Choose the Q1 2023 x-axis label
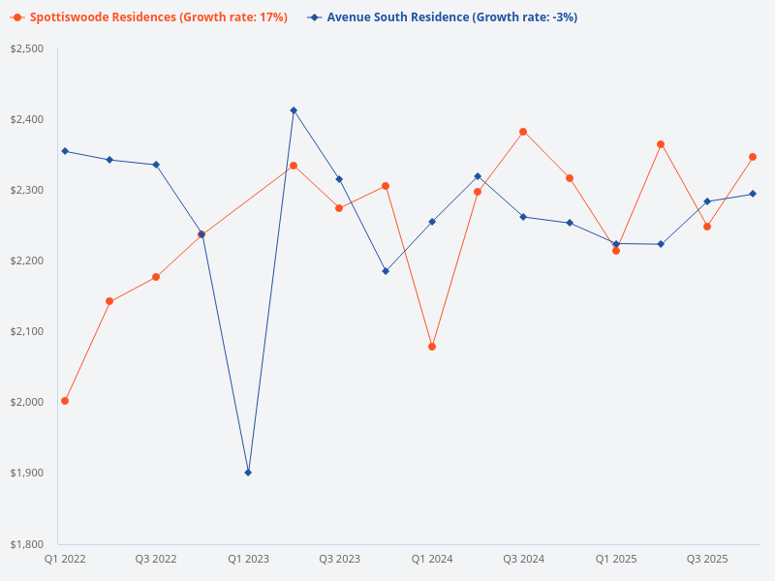point(248,560)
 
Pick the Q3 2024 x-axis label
point(523,560)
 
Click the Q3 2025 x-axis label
point(707,560)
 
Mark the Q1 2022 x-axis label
point(65,560)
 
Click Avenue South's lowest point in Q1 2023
point(248,473)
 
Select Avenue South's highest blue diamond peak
point(294,110)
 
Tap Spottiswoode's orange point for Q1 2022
point(65,401)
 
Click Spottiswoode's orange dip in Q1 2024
point(432,347)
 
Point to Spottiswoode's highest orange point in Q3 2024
point(523,132)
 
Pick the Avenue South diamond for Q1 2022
point(65,151)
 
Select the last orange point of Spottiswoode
point(753,157)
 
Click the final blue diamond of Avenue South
point(753,194)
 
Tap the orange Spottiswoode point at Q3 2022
point(156,277)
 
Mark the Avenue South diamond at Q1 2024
point(432,222)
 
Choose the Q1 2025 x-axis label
point(615,560)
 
